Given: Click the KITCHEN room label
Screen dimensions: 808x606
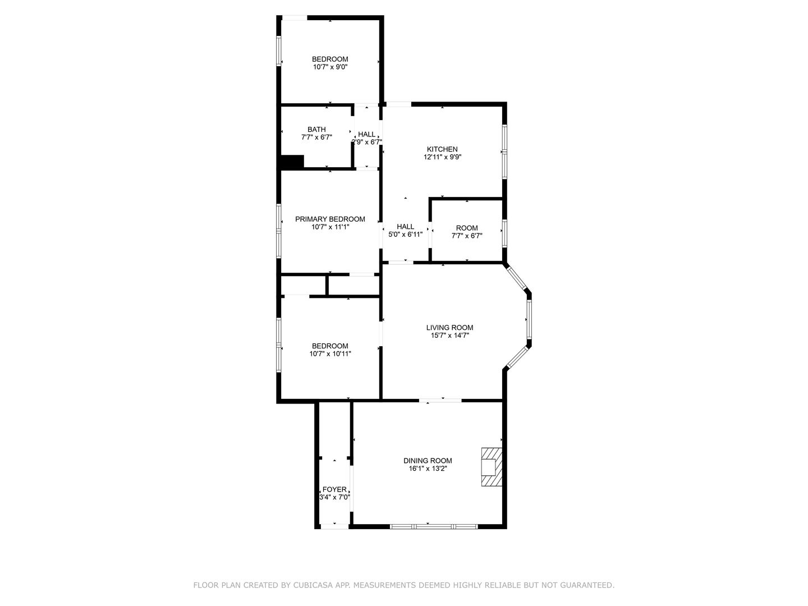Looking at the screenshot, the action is click(x=442, y=149).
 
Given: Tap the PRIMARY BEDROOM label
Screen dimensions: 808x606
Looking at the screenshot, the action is click(x=330, y=219).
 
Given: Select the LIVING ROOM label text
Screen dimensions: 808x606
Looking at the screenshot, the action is click(x=449, y=327).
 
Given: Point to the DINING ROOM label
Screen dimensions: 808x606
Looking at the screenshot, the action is click(x=428, y=460).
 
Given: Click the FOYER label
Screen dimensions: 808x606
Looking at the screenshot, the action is click(x=334, y=489).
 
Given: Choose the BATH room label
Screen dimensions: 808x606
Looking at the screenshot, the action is click(x=316, y=129).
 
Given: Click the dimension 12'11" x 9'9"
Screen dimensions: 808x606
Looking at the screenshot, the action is click(x=442, y=157).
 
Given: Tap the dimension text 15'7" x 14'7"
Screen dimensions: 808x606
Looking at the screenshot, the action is click(x=449, y=335).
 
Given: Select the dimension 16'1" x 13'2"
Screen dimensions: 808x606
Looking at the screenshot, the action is click(x=428, y=469).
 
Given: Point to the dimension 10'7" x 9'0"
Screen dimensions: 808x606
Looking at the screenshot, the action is click(x=330, y=67).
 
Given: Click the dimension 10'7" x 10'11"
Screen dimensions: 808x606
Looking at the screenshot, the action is click(x=330, y=353).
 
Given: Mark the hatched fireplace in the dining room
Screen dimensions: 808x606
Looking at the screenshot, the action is click(x=492, y=466).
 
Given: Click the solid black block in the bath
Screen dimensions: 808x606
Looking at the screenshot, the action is click(x=292, y=162).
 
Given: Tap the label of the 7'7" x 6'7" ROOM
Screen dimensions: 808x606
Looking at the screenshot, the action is click(x=466, y=228).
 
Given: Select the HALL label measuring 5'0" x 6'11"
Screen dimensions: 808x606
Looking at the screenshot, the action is click(x=405, y=226).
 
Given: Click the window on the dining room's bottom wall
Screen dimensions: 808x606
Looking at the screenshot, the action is click(x=434, y=526).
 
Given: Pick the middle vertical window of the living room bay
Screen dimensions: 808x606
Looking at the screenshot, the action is click(x=529, y=319).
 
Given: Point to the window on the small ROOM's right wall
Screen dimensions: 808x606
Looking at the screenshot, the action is click(x=504, y=233).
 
